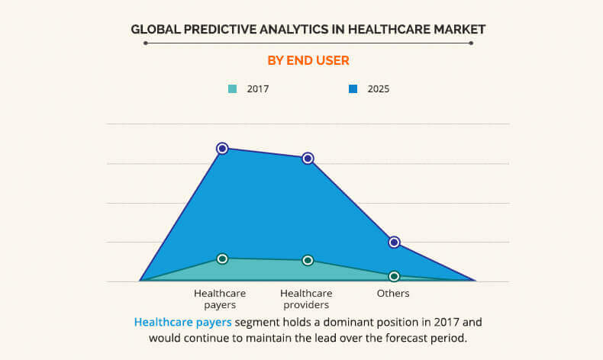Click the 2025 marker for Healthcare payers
click(x=222, y=148)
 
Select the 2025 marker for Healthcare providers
click(x=308, y=159)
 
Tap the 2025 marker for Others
click(x=394, y=242)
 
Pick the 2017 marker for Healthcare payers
click(x=222, y=259)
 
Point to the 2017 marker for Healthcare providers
click(x=308, y=260)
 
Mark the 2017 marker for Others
click(x=394, y=276)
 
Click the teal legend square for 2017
click(x=233, y=88)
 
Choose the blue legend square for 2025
click(x=353, y=88)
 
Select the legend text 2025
click(x=379, y=88)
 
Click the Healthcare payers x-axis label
click(x=214, y=299)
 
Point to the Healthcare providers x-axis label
click(x=306, y=299)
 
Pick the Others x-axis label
click(x=394, y=294)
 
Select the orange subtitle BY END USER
click(x=308, y=59)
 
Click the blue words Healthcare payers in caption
click(x=183, y=322)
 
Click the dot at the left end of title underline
click(x=145, y=43)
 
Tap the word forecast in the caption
click(x=400, y=337)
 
